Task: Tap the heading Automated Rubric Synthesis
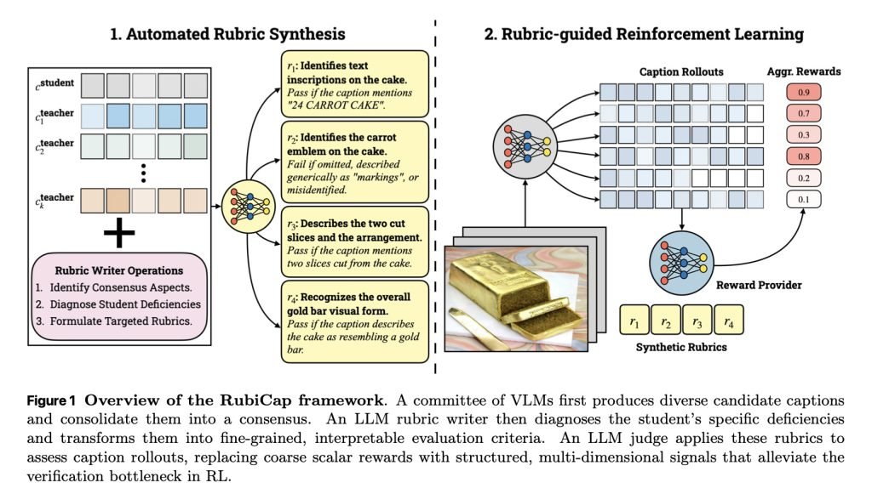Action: tap(228, 34)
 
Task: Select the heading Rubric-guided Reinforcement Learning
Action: tap(644, 34)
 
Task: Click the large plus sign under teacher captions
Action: tap(121, 236)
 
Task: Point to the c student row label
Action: tap(53, 85)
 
